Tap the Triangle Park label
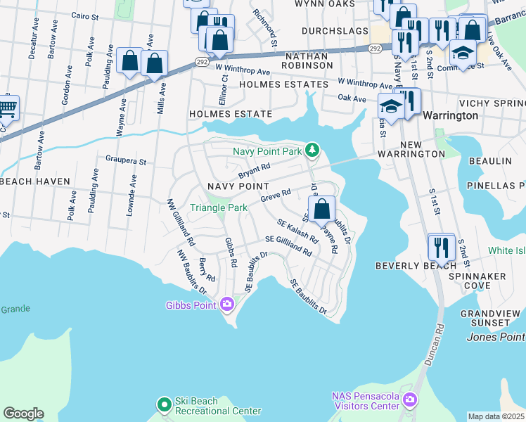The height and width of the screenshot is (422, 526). click(219, 208)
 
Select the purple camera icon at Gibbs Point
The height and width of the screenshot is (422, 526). click(227, 305)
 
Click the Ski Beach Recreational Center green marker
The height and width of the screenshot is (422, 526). click(164, 404)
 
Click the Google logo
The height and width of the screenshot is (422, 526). click(23, 414)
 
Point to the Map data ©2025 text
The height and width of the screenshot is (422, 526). click(496, 416)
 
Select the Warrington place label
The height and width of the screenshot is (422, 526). click(450, 115)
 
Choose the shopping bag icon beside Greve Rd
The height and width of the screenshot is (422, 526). click(321, 208)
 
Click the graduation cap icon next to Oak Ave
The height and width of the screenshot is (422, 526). click(389, 106)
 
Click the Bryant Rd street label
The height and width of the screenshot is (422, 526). click(254, 171)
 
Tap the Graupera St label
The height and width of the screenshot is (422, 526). click(125, 161)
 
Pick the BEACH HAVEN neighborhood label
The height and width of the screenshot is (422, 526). click(35, 181)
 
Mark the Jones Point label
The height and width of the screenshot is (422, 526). click(495, 337)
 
